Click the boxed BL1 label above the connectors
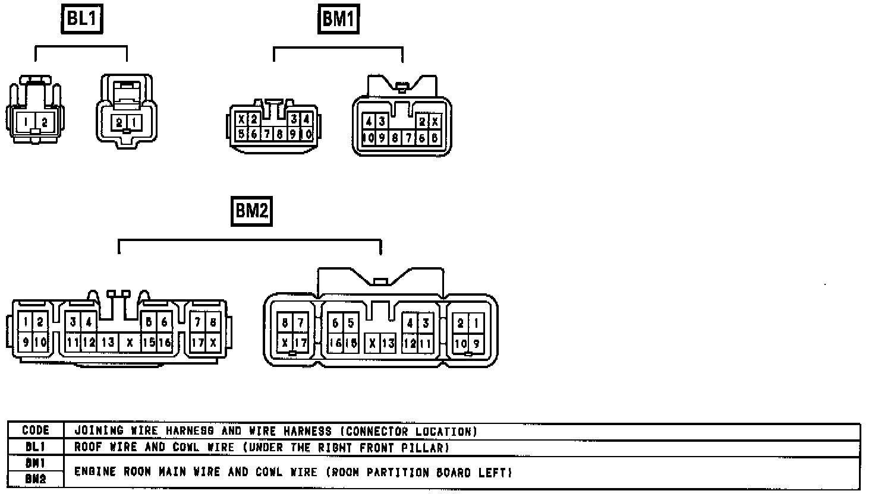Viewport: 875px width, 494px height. click(82, 19)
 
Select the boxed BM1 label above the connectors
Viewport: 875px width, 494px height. click(338, 19)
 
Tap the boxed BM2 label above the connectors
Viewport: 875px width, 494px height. click(251, 211)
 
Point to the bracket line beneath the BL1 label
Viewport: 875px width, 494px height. click(81, 47)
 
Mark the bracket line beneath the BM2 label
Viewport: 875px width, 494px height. click(250, 240)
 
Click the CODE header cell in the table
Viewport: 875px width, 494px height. click(35, 431)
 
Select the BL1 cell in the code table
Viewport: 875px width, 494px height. click(35, 448)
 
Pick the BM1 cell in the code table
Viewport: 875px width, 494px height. click(35, 464)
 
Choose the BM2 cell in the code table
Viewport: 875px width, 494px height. click(35, 479)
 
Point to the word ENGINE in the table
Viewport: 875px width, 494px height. click(95, 473)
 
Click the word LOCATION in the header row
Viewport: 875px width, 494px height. click(446, 431)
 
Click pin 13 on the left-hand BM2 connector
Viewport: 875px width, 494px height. click(108, 343)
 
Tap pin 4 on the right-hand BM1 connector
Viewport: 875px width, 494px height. click(369, 122)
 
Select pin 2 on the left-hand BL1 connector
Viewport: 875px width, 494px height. click(45, 123)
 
